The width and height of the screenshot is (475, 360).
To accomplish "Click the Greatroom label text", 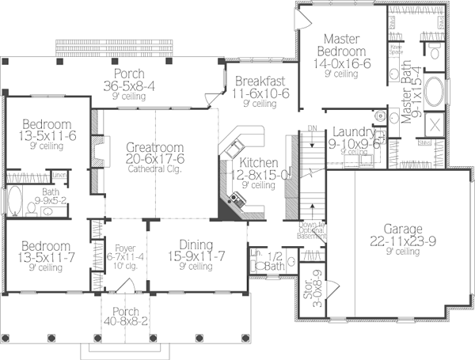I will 155,147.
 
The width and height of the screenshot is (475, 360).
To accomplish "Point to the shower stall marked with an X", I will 434,126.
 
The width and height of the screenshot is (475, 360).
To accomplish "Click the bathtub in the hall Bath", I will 14,202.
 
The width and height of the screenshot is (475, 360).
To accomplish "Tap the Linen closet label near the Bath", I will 59,174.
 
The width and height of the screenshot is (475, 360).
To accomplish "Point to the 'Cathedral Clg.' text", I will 155,168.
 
